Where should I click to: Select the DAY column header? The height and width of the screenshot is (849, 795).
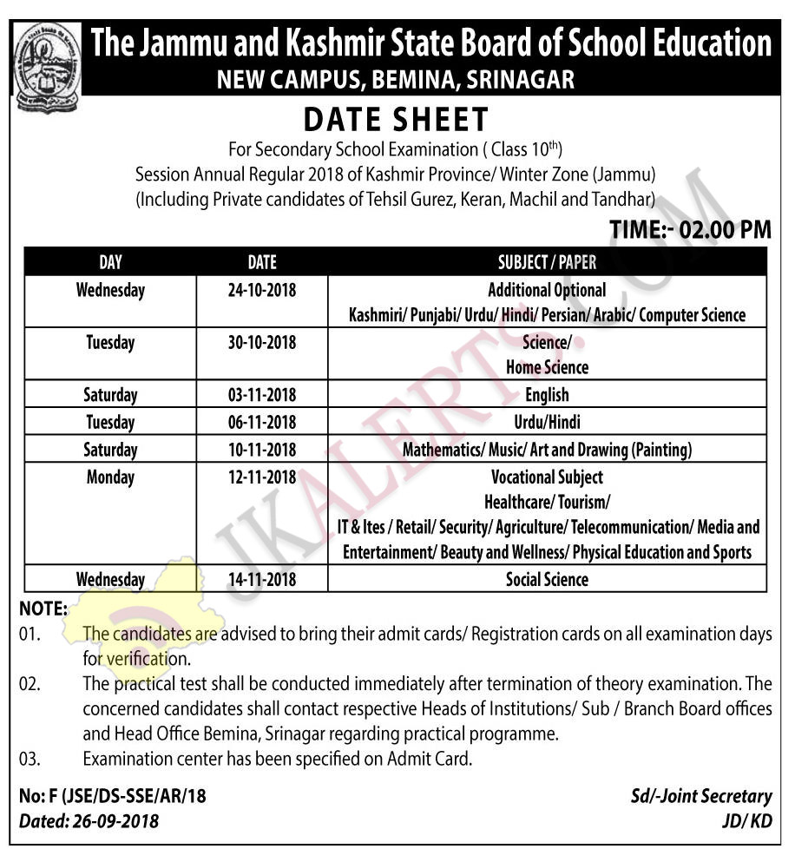tap(110, 261)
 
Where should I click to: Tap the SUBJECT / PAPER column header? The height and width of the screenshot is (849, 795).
tap(547, 261)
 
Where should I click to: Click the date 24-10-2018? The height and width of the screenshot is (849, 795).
tap(261, 290)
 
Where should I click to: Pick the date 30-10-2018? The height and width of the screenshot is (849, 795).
tap(261, 343)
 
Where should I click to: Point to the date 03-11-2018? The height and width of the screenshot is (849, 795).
tap(261, 396)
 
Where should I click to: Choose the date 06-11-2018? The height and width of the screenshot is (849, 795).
tap(261, 423)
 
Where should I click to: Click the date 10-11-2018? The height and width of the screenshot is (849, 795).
tap(261, 450)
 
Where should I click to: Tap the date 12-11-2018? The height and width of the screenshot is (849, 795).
tap(261, 477)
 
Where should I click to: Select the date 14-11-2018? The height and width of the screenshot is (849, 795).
tap(261, 579)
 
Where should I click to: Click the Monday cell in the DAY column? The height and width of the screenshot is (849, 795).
tap(110, 477)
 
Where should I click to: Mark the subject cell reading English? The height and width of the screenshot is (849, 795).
tap(547, 396)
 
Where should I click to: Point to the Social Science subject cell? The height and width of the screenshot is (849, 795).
tap(547, 579)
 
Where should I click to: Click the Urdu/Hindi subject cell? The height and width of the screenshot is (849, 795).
tap(547, 423)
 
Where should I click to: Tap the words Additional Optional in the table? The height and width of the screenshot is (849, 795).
tap(547, 290)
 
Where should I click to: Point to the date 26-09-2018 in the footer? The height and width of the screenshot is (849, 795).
tap(115, 819)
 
